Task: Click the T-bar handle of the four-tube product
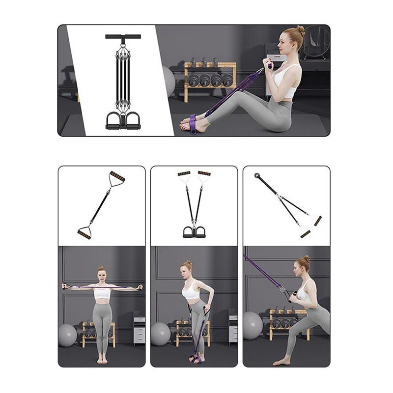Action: (x=123, y=36)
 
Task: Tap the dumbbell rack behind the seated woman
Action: (x=210, y=79)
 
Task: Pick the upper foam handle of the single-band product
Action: (x=117, y=176)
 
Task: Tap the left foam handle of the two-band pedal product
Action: (x=184, y=173)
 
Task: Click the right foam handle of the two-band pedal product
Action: (x=204, y=173)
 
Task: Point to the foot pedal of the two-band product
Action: (x=194, y=231)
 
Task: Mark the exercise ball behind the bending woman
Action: (x=160, y=334)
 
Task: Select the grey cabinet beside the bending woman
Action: (x=233, y=327)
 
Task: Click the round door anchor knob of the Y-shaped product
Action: (x=257, y=175)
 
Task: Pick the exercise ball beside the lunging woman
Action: (x=253, y=325)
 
